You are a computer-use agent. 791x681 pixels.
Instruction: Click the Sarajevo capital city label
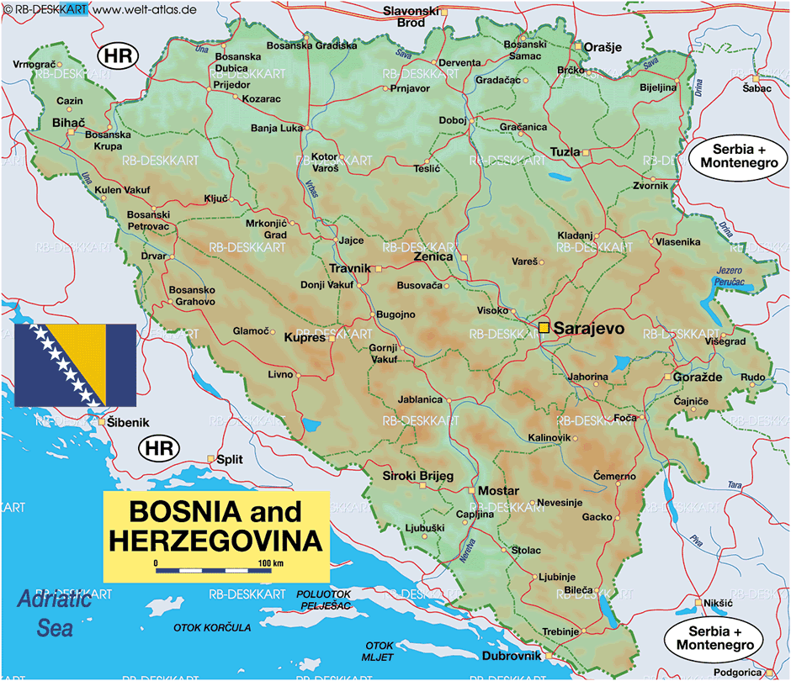pyautogui.click(x=589, y=329)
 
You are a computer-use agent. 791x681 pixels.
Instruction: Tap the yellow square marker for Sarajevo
pyautogui.click(x=544, y=327)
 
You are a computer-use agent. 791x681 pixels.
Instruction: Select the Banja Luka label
pyautogui.click(x=276, y=129)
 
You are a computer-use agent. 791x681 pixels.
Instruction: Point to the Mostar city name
pyautogui.click(x=498, y=491)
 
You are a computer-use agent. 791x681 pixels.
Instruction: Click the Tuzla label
pyautogui.click(x=565, y=152)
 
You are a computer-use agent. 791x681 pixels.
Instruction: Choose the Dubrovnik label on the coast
pyautogui.click(x=511, y=657)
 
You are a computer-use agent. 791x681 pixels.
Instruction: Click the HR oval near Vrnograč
pyautogui.click(x=117, y=56)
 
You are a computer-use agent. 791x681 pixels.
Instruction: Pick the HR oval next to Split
pyautogui.click(x=158, y=448)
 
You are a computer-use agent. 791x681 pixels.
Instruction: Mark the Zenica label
pyautogui.click(x=433, y=256)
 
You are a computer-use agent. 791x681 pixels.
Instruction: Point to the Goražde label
pyautogui.click(x=698, y=377)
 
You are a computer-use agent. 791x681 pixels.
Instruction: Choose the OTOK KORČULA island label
pyautogui.click(x=212, y=627)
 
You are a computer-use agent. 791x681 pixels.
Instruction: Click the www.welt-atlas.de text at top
pyautogui.click(x=144, y=8)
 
